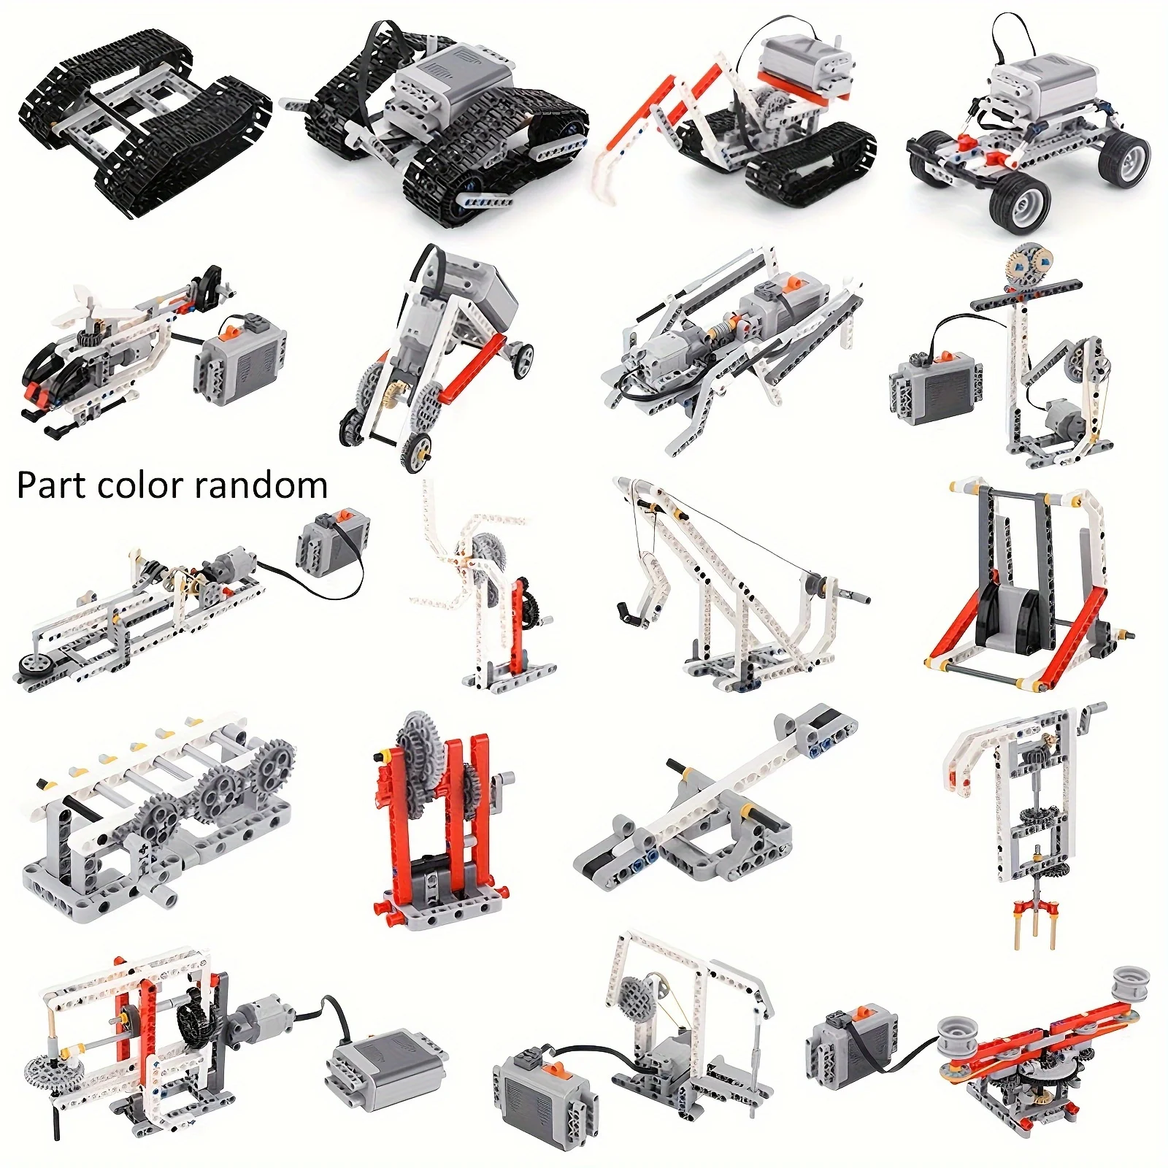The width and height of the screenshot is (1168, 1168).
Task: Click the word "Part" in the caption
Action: (x=46, y=485)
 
